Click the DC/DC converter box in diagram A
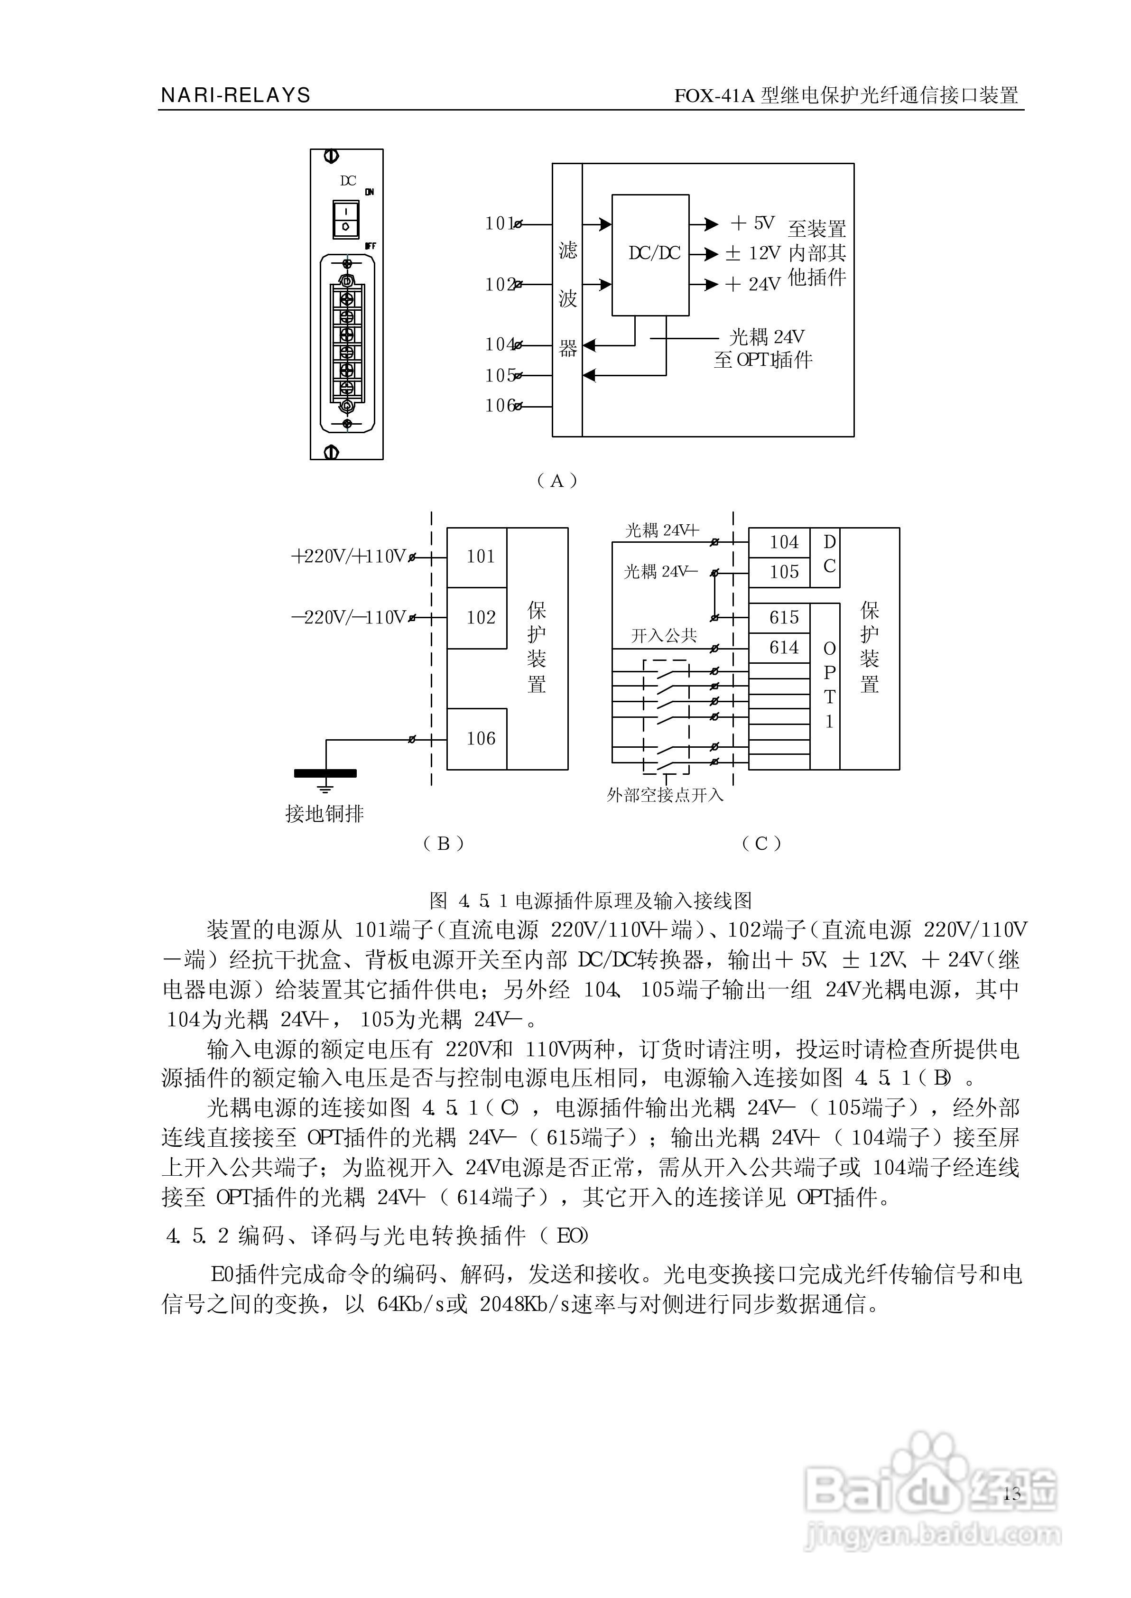pos(650,255)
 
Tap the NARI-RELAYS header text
pos(235,95)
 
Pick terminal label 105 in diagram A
pos(500,376)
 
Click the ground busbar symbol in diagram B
pos(325,773)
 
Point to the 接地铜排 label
pos(324,813)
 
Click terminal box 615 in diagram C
pos(783,618)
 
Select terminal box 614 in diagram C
pos(783,648)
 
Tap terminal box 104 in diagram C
pos(783,542)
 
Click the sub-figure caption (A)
pos(556,481)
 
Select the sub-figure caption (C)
pos(761,844)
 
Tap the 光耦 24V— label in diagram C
pos(660,572)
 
